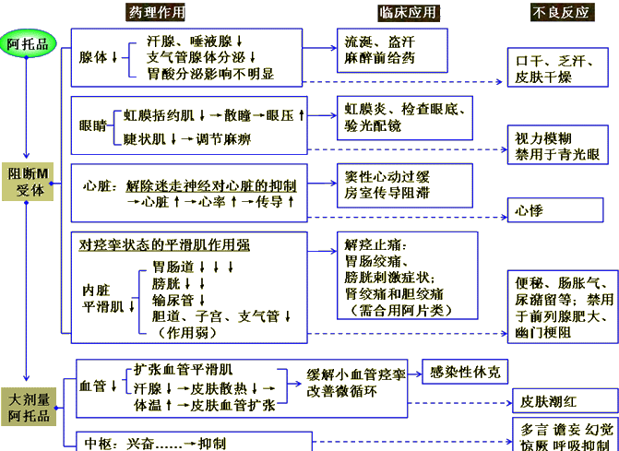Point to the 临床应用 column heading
408,12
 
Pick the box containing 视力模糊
561,146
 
